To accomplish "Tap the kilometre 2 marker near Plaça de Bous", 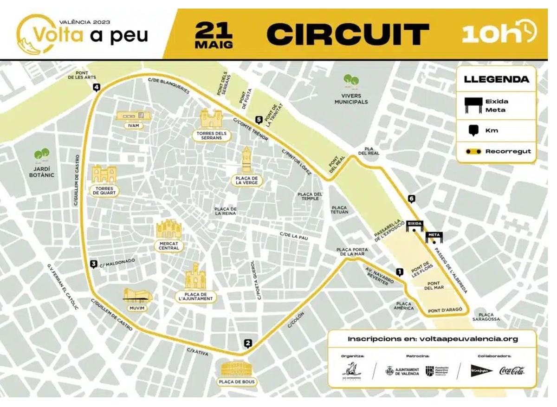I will click(x=248, y=344).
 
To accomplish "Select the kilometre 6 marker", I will click(x=411, y=199).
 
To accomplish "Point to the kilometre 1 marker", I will click(x=399, y=272).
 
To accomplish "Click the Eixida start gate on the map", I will click(x=415, y=225).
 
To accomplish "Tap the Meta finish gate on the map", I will click(x=434, y=236).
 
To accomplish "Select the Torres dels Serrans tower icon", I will click(x=211, y=119).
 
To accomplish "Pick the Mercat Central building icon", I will click(x=168, y=229).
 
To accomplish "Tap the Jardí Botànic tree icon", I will click(x=42, y=154).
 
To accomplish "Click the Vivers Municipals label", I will click(x=351, y=99).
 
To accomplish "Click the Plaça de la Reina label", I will click(x=226, y=211).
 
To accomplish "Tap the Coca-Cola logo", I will click(x=512, y=370).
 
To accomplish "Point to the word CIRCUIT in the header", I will click(x=348, y=34).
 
